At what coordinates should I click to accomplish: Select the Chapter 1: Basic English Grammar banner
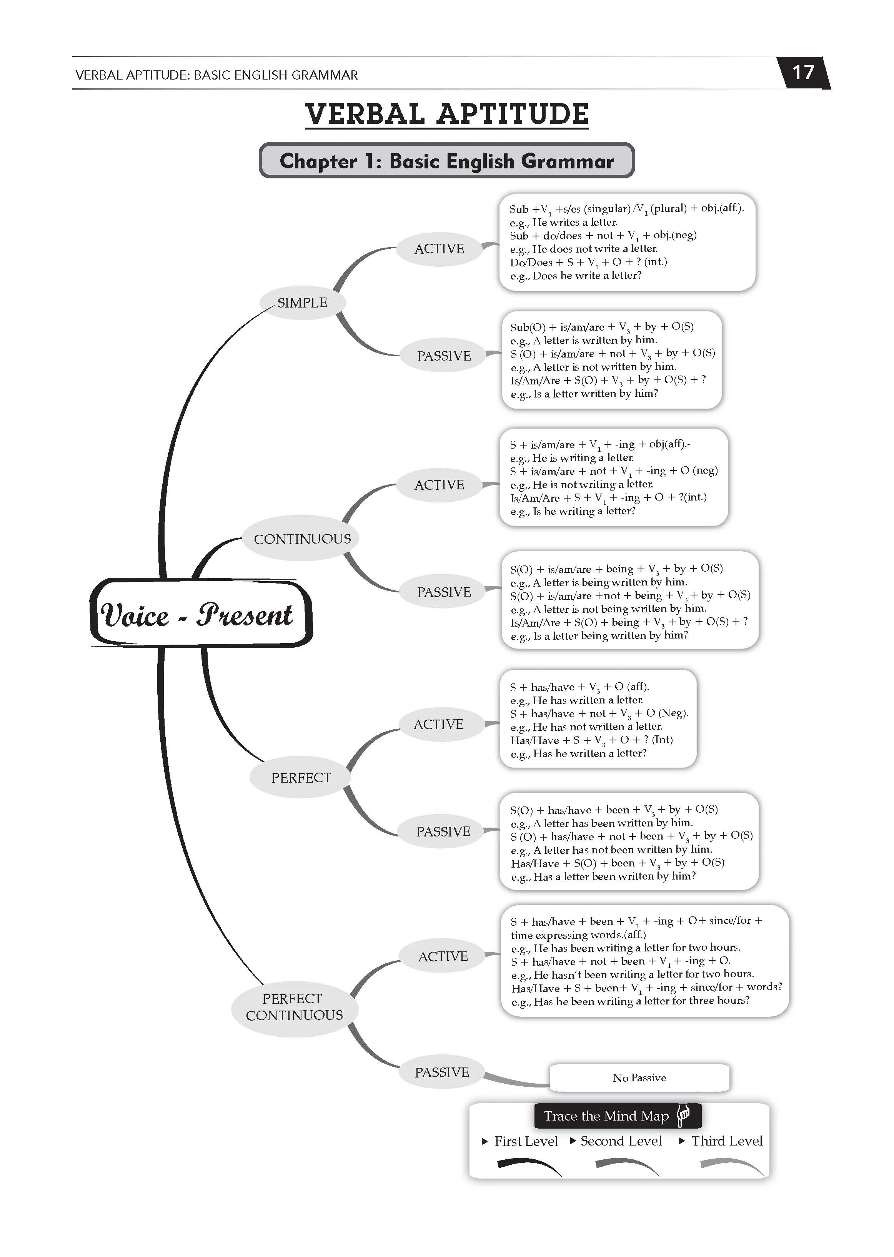pos(446,161)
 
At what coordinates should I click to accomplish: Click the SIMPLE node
pos(302,303)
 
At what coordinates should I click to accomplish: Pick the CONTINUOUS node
pos(302,539)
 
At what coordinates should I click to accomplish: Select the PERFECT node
pos(301,778)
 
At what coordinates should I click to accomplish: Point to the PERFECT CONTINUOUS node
pos(295,1007)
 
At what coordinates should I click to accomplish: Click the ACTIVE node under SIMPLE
pos(439,249)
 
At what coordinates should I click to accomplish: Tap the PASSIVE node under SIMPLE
pos(444,356)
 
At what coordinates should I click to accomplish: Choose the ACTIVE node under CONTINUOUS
pos(439,485)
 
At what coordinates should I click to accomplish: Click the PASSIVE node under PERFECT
pos(443,831)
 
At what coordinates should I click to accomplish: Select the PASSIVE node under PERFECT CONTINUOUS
pos(442,1072)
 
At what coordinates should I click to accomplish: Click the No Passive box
pos(639,1077)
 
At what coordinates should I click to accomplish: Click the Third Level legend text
pos(727,1141)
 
